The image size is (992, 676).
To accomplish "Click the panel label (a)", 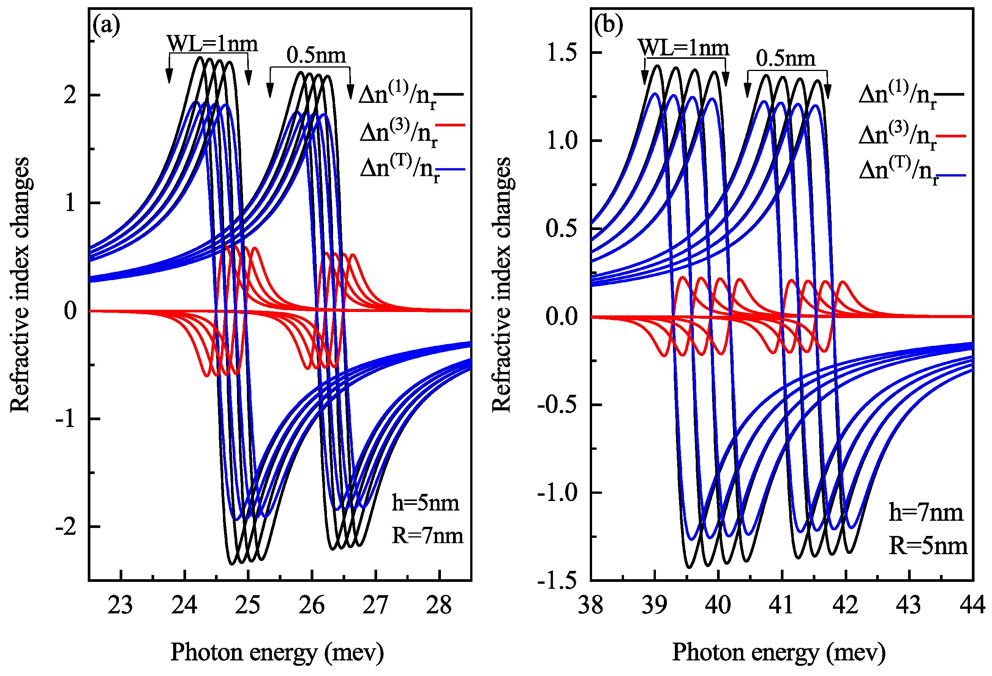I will pos(106,25).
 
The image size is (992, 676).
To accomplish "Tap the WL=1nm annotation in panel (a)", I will pos(212,44).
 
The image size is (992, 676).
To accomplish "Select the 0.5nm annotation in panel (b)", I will pos(785,58).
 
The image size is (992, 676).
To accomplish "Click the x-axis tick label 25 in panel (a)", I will pos(248,605).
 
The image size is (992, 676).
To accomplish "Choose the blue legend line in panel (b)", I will pos(951,175).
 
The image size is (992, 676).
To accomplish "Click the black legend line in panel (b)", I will pos(951,93).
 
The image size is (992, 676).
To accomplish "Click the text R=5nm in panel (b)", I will pos(928,546).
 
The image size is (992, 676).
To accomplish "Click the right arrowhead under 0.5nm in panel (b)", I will pos(827,91).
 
